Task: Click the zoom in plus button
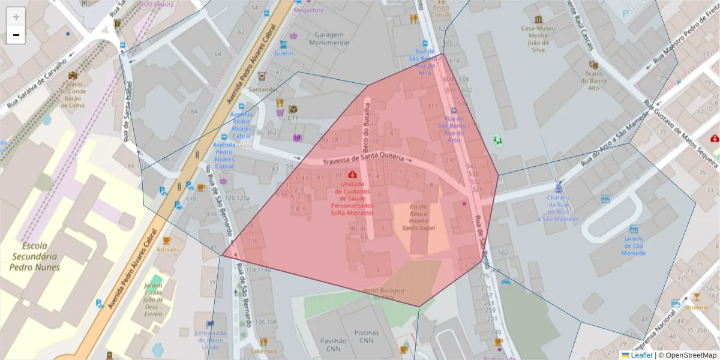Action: [16, 17]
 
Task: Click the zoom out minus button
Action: [16, 35]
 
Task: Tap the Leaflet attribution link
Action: [641, 355]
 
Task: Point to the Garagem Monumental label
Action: [328, 39]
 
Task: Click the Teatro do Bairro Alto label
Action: [593, 80]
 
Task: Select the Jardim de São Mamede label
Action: [634, 246]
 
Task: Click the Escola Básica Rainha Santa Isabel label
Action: [418, 217]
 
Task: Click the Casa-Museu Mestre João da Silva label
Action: [538, 38]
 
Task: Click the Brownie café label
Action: [697, 307]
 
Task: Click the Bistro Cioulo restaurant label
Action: [441, 11]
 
